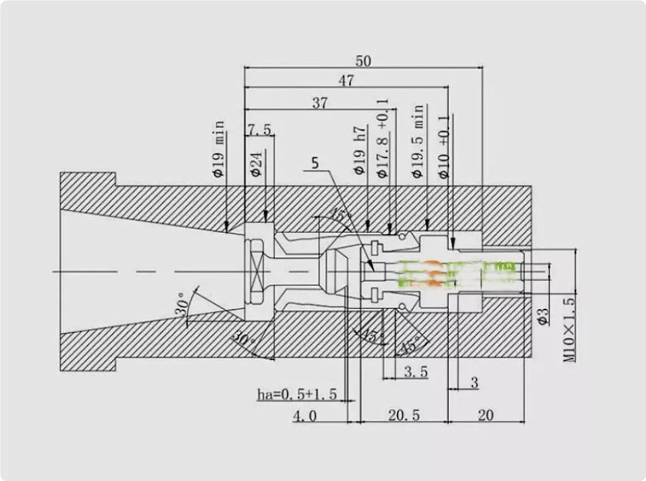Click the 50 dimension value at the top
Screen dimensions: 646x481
tap(363, 61)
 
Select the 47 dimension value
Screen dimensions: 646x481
tap(346, 81)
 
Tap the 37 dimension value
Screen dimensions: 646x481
tap(320, 103)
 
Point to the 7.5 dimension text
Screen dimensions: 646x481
tap(260, 130)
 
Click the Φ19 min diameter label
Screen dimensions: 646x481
tap(219, 148)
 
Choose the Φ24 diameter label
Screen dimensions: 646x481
tap(256, 164)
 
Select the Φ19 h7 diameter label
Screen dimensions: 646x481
tap(360, 150)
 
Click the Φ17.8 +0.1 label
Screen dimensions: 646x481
tap(382, 138)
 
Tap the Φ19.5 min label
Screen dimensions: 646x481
tap(418, 141)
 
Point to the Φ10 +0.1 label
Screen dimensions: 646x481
tap(444, 147)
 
